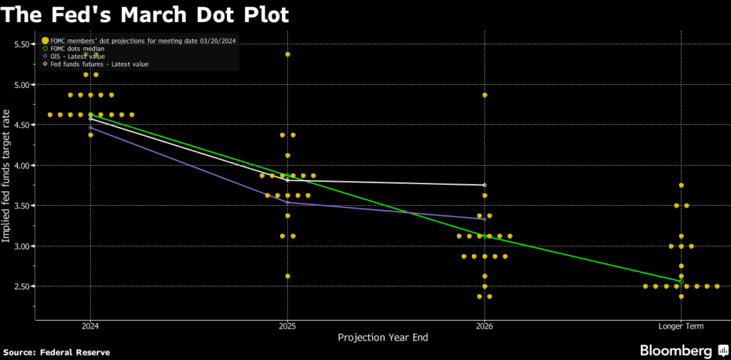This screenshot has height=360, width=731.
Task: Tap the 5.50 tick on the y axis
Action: (26, 44)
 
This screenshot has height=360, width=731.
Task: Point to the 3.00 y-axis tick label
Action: (26, 246)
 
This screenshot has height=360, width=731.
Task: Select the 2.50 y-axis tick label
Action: (26, 286)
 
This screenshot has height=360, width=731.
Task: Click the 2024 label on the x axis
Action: (90, 326)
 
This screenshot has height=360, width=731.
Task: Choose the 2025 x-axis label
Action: (287, 326)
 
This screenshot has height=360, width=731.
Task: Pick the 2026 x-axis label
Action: (484, 326)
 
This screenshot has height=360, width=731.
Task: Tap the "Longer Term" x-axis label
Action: (681, 326)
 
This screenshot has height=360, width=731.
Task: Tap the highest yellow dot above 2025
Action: (288, 54)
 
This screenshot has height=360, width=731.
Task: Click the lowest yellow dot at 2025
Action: (288, 276)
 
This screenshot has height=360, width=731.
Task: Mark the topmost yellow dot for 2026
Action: (485, 95)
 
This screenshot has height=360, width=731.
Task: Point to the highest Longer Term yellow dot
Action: (682, 186)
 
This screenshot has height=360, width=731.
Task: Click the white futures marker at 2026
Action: (485, 185)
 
